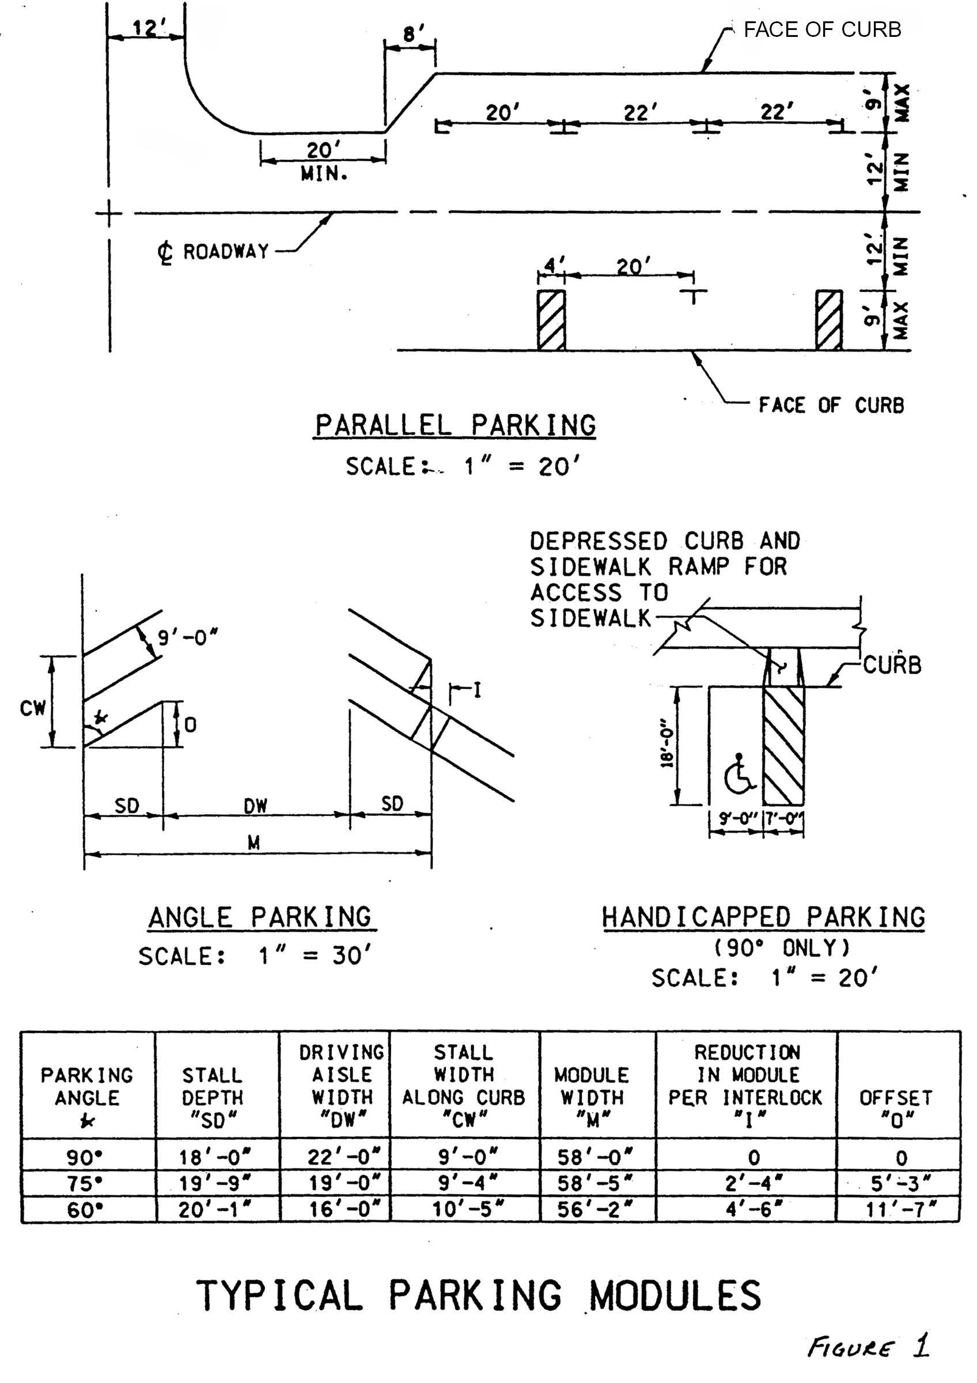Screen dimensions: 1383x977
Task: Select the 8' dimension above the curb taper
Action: (x=410, y=35)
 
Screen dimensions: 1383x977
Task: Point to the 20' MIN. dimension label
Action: (x=324, y=161)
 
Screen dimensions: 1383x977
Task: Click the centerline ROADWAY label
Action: (x=214, y=252)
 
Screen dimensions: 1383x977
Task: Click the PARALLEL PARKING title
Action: (x=455, y=425)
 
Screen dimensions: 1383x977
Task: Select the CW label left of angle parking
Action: (x=32, y=708)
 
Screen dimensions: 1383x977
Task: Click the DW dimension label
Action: (x=255, y=806)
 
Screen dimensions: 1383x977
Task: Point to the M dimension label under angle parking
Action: (x=254, y=843)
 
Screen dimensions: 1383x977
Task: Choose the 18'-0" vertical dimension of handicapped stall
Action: (x=667, y=745)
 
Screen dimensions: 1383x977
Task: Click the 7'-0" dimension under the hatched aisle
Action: (x=784, y=820)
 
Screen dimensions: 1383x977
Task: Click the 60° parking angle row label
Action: (x=84, y=1210)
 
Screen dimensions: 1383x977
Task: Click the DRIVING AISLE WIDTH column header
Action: (x=342, y=1086)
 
